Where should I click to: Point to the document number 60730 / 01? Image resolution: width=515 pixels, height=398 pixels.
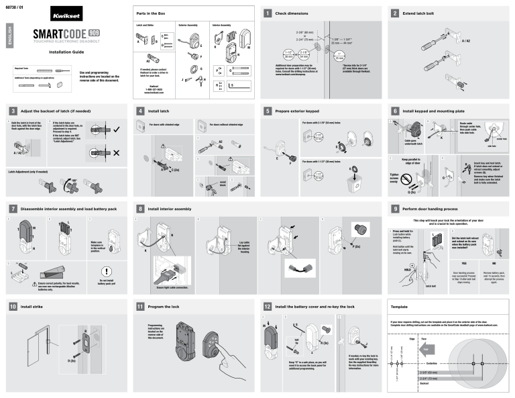pyautogui.click(x=14, y=5)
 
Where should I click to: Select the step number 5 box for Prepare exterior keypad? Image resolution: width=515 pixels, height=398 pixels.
pyautogui.click(x=268, y=109)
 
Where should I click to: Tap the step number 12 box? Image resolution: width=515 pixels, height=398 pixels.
pyautogui.click(x=268, y=306)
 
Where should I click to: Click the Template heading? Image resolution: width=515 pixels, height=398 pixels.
pyautogui.click(x=401, y=306)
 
